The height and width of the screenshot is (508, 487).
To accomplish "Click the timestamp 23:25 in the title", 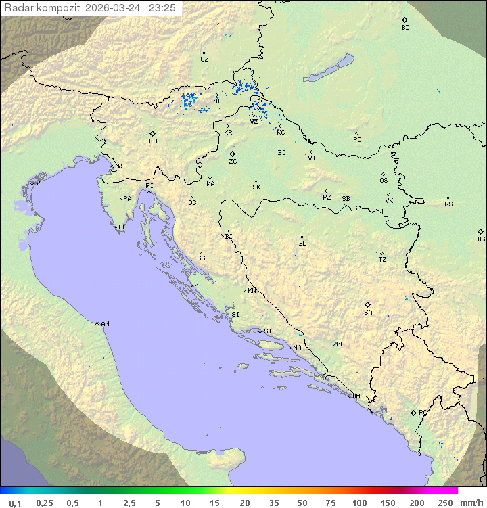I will (162, 8).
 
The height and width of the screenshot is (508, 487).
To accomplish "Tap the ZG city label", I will (233, 162).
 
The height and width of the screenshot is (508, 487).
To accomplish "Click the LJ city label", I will (153, 141).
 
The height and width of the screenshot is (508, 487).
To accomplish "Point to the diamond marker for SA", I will (368, 304).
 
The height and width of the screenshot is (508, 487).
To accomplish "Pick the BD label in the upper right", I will (405, 28).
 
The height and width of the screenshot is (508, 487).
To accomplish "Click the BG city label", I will (481, 239).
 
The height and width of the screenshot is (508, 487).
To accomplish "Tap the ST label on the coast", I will (268, 331).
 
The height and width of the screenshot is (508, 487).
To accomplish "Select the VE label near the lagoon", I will (40, 183).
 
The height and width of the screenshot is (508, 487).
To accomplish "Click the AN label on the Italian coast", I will (105, 324).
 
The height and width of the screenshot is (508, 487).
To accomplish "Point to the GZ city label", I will (204, 60).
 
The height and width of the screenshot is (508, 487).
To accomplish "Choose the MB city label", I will (217, 101).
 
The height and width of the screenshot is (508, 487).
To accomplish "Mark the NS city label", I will (448, 204).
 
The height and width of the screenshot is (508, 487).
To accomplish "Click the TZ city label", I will (383, 260).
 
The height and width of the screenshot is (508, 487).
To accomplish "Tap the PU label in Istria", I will (122, 227).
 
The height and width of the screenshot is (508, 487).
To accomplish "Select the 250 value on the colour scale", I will (445, 503).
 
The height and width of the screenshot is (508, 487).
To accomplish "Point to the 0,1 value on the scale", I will (16, 503).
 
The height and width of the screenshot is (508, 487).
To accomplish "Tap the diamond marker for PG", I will (413, 412).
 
